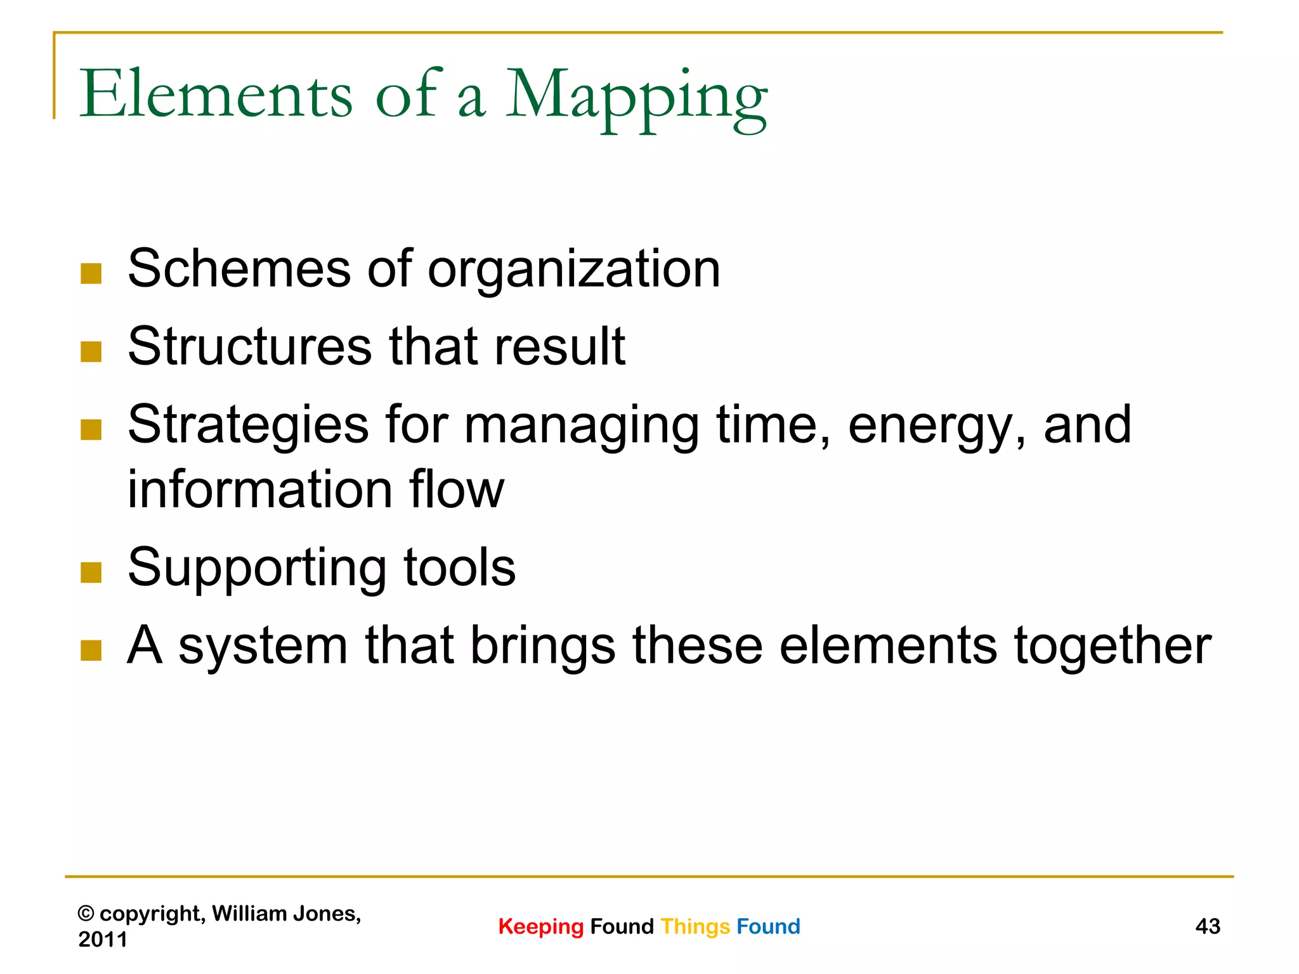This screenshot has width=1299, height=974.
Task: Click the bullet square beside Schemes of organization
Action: (91, 273)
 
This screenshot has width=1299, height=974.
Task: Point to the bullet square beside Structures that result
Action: (91, 351)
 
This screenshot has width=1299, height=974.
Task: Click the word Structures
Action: (250, 346)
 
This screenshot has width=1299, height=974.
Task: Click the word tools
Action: (460, 567)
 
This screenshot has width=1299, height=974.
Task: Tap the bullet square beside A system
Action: (91, 651)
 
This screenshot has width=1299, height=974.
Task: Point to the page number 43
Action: (1208, 926)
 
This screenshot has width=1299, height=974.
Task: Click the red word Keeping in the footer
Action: (540, 927)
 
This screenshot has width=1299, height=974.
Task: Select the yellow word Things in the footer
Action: (695, 926)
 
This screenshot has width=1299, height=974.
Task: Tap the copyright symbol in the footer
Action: (86, 914)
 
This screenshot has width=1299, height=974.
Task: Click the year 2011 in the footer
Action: (103, 939)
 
